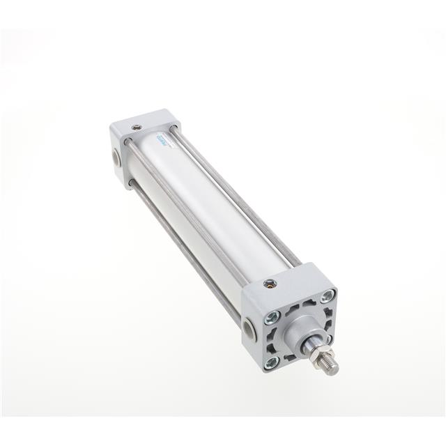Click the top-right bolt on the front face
[327, 296]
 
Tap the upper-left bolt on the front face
[272, 318]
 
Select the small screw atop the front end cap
[269, 284]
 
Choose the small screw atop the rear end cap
[137, 127]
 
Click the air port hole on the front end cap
[249, 327]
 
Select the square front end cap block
[286, 314]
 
